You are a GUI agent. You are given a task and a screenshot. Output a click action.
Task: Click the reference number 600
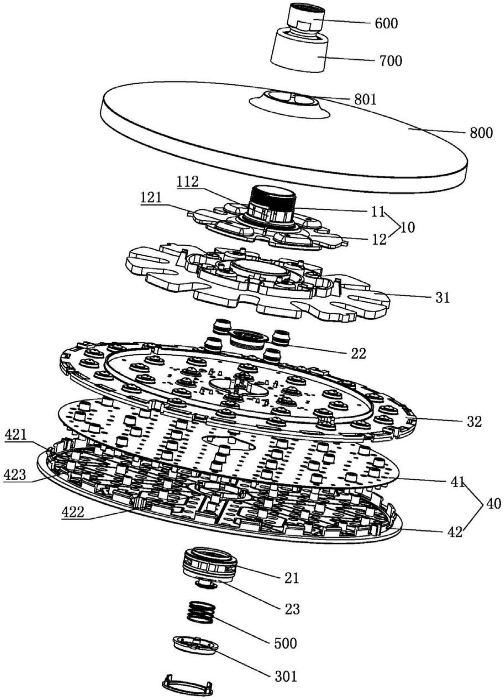click(x=386, y=24)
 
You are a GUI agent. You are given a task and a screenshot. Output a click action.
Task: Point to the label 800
click(x=481, y=133)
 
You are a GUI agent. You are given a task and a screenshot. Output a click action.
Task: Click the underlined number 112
click(x=188, y=182)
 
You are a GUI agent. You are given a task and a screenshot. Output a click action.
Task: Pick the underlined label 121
click(x=151, y=198)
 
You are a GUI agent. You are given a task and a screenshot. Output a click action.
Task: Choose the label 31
click(x=442, y=298)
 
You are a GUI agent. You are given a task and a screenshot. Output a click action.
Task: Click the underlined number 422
click(x=72, y=512)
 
